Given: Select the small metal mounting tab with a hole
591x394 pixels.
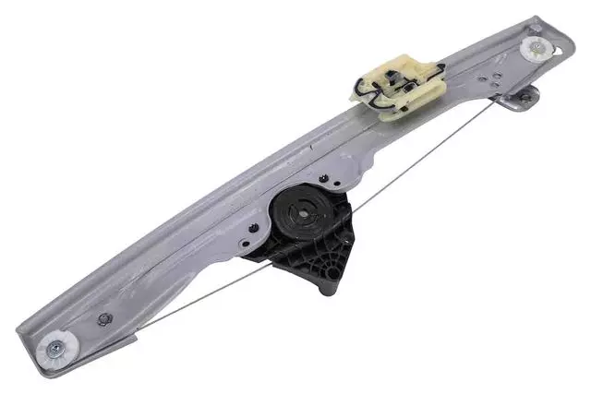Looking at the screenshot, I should pos(525,96).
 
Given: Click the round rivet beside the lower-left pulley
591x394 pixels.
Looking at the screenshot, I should pos(103,320).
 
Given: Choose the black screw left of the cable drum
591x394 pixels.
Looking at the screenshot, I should pos(253,226).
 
